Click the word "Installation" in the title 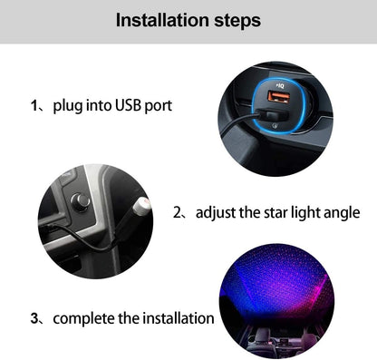click(162, 20)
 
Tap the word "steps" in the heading click(237, 22)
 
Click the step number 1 click(34, 106)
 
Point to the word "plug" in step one click(67, 107)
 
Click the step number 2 click(177, 212)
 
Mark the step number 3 click(34, 318)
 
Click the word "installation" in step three click(179, 318)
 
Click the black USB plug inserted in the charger click(271, 116)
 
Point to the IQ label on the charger click(280, 86)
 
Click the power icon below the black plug click(275, 125)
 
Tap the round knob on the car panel click(80, 201)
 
